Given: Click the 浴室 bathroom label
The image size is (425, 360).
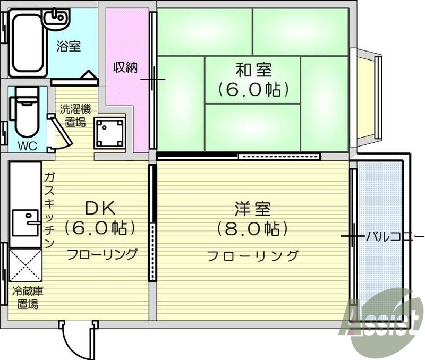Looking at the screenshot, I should pyautogui.click(x=69, y=46).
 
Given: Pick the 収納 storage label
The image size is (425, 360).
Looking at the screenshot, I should pyautogui.click(x=125, y=67).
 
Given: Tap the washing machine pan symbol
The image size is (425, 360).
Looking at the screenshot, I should pyautogui.click(x=109, y=133).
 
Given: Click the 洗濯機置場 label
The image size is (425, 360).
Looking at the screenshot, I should pyautogui.click(x=75, y=116).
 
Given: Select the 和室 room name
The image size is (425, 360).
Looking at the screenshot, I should pyautogui.click(x=253, y=70).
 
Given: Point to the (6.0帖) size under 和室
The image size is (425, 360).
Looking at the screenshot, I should pyautogui.click(x=253, y=89).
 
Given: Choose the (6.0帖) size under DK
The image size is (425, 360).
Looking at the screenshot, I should pyautogui.click(x=100, y=228).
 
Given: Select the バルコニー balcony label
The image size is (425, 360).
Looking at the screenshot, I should pyautogui.click(x=394, y=236).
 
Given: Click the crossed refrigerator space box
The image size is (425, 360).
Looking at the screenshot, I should pyautogui.click(x=25, y=266).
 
